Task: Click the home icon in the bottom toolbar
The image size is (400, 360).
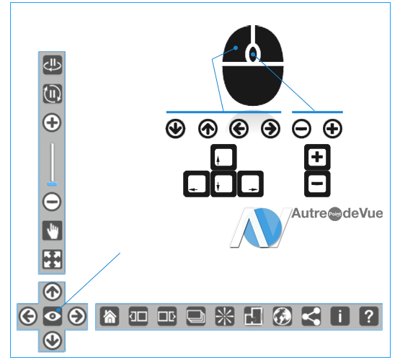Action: [110, 316]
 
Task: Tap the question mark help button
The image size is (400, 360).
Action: [368, 316]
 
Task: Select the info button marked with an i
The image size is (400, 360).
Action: [339, 316]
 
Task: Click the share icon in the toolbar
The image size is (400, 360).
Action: [311, 316]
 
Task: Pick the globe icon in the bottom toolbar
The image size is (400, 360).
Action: [282, 316]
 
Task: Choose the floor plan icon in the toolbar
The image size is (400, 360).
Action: [253, 316]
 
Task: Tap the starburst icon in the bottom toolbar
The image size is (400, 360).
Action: [225, 316]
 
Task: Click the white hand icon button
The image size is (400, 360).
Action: [53, 230]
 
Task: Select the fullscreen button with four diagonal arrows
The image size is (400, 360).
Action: [53, 259]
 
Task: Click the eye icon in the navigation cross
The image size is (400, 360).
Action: [53, 316]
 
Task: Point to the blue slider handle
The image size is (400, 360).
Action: [52, 184]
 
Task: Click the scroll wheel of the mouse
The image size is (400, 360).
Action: [253, 54]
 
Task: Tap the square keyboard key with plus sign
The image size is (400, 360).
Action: [317, 157]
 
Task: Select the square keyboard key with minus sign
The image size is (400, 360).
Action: [317, 184]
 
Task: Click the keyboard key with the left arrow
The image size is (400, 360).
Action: [197, 184]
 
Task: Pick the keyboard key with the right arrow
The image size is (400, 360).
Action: [250, 184]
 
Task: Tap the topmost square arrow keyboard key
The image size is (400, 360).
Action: [223, 157]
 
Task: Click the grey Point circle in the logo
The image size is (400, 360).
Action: [334, 214]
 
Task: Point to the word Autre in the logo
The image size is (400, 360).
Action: [309, 213]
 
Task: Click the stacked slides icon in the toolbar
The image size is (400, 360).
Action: [196, 316]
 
